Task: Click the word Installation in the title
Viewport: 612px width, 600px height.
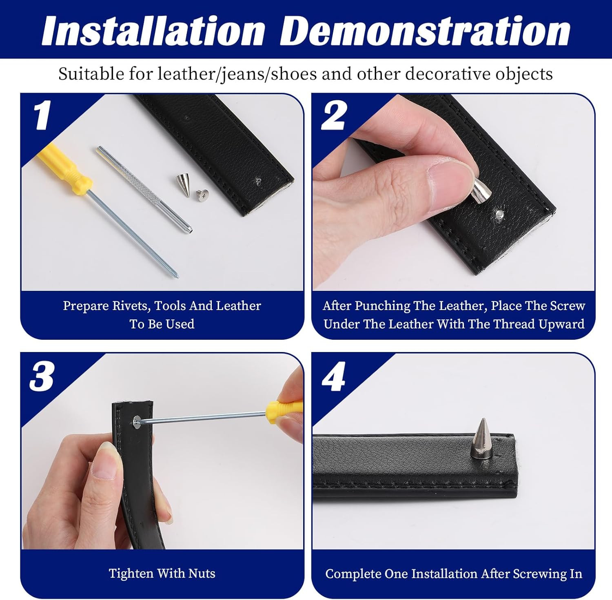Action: point(153,31)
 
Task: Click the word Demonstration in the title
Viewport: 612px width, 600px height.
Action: point(425,31)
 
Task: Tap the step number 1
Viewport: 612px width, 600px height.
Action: point(42,115)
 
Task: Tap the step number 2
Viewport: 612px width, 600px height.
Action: point(334,115)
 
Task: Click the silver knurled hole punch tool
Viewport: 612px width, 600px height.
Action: point(144,190)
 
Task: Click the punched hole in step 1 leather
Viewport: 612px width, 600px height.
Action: point(258,180)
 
